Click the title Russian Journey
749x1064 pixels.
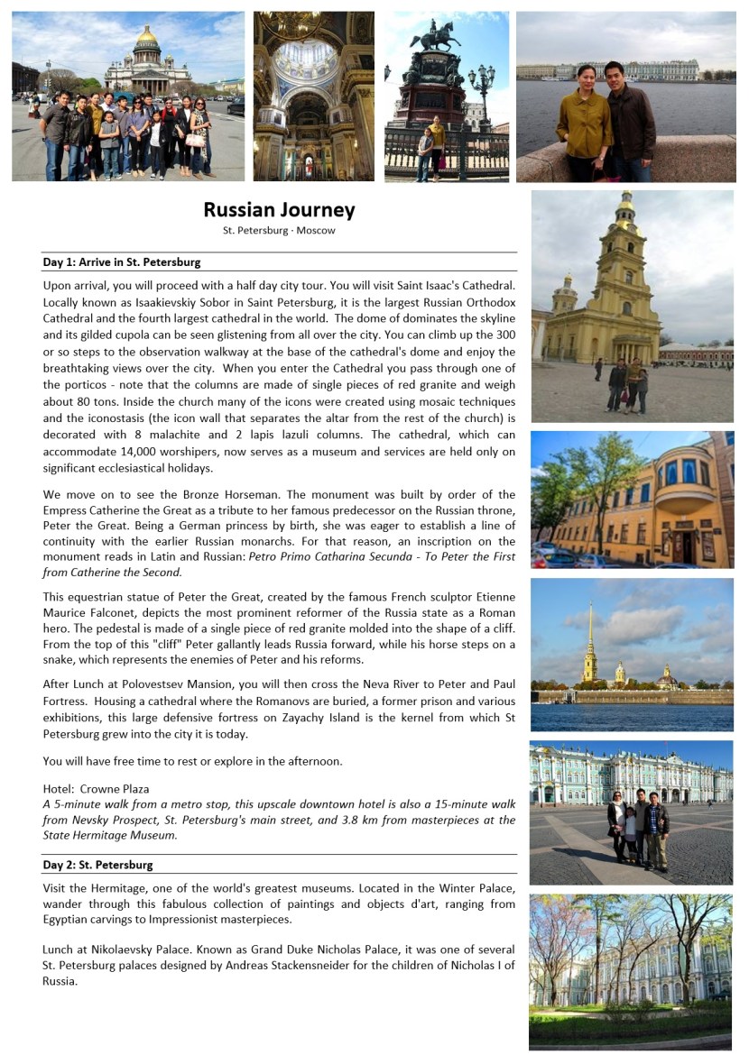click(279, 210)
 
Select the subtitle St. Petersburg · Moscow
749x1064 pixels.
click(279, 231)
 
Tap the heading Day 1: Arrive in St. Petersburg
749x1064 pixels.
click(122, 262)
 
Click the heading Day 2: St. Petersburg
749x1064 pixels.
click(97, 865)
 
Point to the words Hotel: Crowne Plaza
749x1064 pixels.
click(96, 789)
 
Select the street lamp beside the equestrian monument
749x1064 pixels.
click(481, 90)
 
